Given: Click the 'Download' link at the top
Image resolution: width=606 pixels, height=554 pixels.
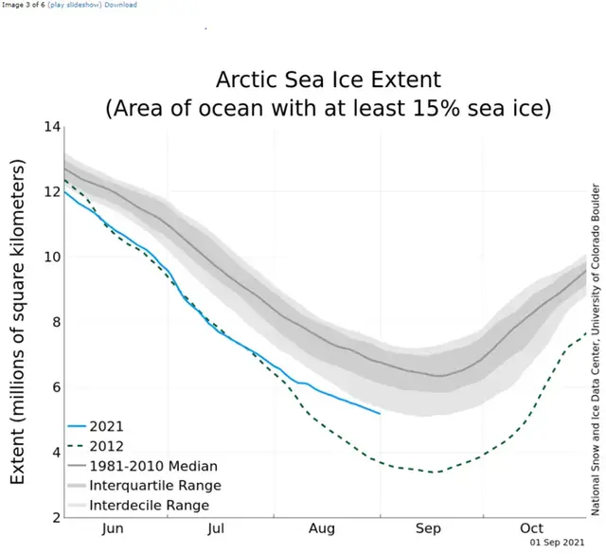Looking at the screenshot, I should tap(120, 5).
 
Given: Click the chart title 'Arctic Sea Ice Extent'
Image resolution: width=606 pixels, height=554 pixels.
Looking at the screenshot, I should tap(327, 79).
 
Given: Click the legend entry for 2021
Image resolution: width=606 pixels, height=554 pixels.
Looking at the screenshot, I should tap(107, 426).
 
